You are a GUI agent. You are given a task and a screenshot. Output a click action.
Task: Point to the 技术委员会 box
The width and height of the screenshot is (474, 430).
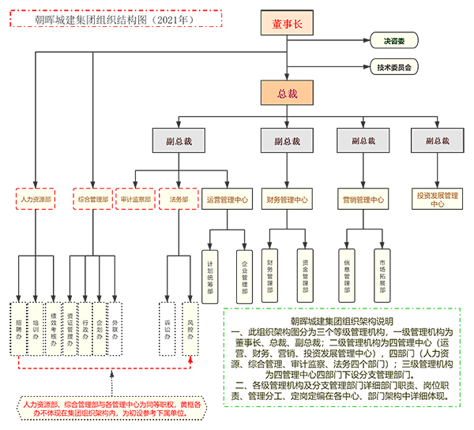pyautogui.click(x=393, y=67)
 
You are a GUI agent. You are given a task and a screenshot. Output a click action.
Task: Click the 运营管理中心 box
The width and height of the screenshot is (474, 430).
pyautogui.click(x=227, y=200)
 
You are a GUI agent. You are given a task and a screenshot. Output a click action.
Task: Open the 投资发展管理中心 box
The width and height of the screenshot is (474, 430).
pyautogui.click(x=437, y=199)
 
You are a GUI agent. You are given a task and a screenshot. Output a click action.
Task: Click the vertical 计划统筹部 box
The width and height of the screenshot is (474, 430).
pyautogui.click(x=210, y=277)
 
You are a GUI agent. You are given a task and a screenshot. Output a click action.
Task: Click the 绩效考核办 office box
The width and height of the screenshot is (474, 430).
pyautogui.click(x=53, y=324)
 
